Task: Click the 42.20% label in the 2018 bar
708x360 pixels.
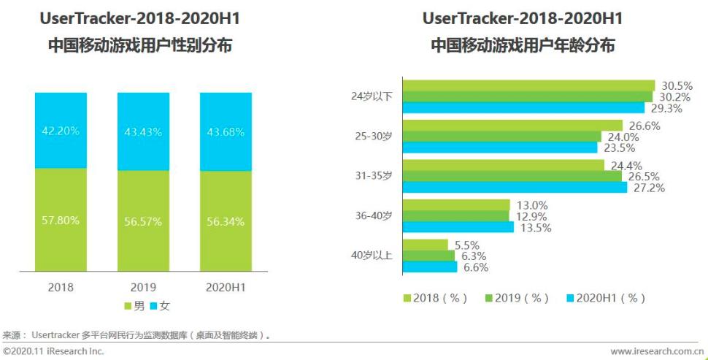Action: click(61, 131)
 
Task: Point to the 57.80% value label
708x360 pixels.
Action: click(61, 221)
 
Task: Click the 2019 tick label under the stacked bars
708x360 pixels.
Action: click(143, 287)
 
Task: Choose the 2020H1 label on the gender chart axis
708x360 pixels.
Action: click(226, 287)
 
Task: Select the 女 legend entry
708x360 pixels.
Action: click(159, 306)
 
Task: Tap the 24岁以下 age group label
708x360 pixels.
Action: click(373, 96)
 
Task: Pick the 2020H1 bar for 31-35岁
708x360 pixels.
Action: click(514, 188)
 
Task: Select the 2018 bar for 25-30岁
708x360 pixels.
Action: click(512, 125)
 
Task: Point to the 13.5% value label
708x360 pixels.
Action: click(535, 228)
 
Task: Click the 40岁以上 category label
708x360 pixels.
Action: click(373, 256)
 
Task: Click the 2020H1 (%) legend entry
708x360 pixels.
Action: click(606, 298)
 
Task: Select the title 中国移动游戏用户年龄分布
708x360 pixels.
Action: click(522, 46)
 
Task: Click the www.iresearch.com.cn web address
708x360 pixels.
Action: click(656, 351)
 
